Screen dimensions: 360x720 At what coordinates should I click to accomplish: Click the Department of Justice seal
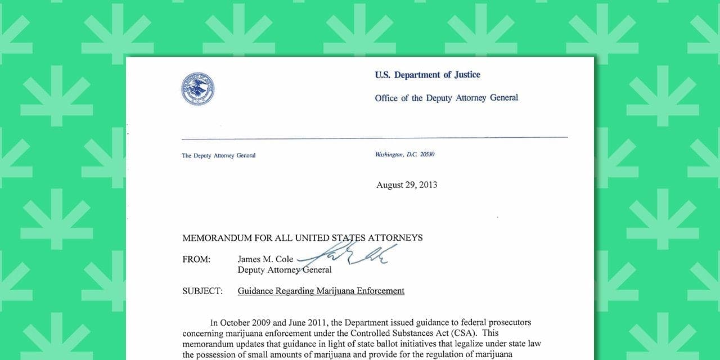coord(197,89)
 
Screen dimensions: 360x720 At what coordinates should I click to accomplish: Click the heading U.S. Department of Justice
coord(427,75)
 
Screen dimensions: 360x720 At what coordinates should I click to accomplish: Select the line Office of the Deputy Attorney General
coord(446,98)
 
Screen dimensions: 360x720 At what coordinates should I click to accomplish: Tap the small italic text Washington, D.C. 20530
coord(404,155)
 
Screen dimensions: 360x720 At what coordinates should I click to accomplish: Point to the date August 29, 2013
coord(407,185)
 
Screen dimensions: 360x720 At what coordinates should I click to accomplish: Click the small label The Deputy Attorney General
coord(218,156)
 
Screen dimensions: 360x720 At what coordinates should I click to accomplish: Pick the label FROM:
coord(196,259)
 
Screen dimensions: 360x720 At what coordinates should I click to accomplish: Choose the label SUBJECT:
coord(202,291)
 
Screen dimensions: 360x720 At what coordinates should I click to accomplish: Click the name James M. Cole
coord(265,259)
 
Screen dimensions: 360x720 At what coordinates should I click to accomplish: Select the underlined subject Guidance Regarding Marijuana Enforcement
coord(321,291)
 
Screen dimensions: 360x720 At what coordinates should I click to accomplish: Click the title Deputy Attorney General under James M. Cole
coord(284,270)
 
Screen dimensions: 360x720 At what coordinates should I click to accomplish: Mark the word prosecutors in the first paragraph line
coord(508,323)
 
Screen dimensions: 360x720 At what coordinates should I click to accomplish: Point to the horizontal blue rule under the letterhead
coord(374,138)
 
